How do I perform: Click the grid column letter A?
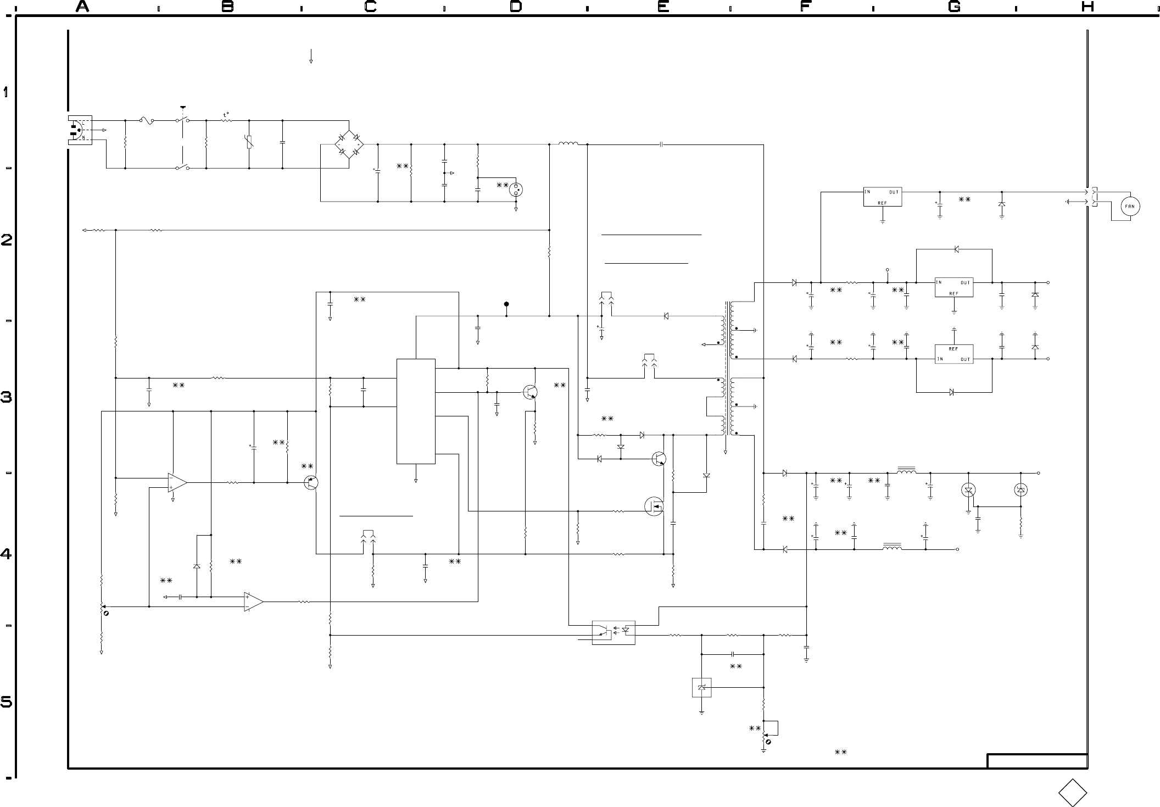(x=82, y=7)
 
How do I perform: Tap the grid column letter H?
(x=1087, y=7)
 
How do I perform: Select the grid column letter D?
(x=516, y=7)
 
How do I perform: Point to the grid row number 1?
(x=6, y=92)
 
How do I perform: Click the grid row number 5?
(x=6, y=702)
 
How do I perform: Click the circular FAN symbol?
(x=1130, y=207)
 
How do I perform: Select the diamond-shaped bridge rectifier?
(x=349, y=144)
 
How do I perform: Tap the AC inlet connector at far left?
(x=80, y=131)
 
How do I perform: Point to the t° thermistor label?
(x=226, y=115)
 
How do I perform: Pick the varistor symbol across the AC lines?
(x=249, y=143)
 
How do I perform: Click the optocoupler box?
(x=614, y=632)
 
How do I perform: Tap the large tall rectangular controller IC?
(x=416, y=411)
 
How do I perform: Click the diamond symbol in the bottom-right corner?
(x=1073, y=793)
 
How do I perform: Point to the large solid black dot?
(x=506, y=304)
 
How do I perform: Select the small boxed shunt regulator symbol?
(x=702, y=687)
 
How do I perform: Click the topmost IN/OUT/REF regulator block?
(x=883, y=197)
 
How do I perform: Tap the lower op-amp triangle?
(x=254, y=602)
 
